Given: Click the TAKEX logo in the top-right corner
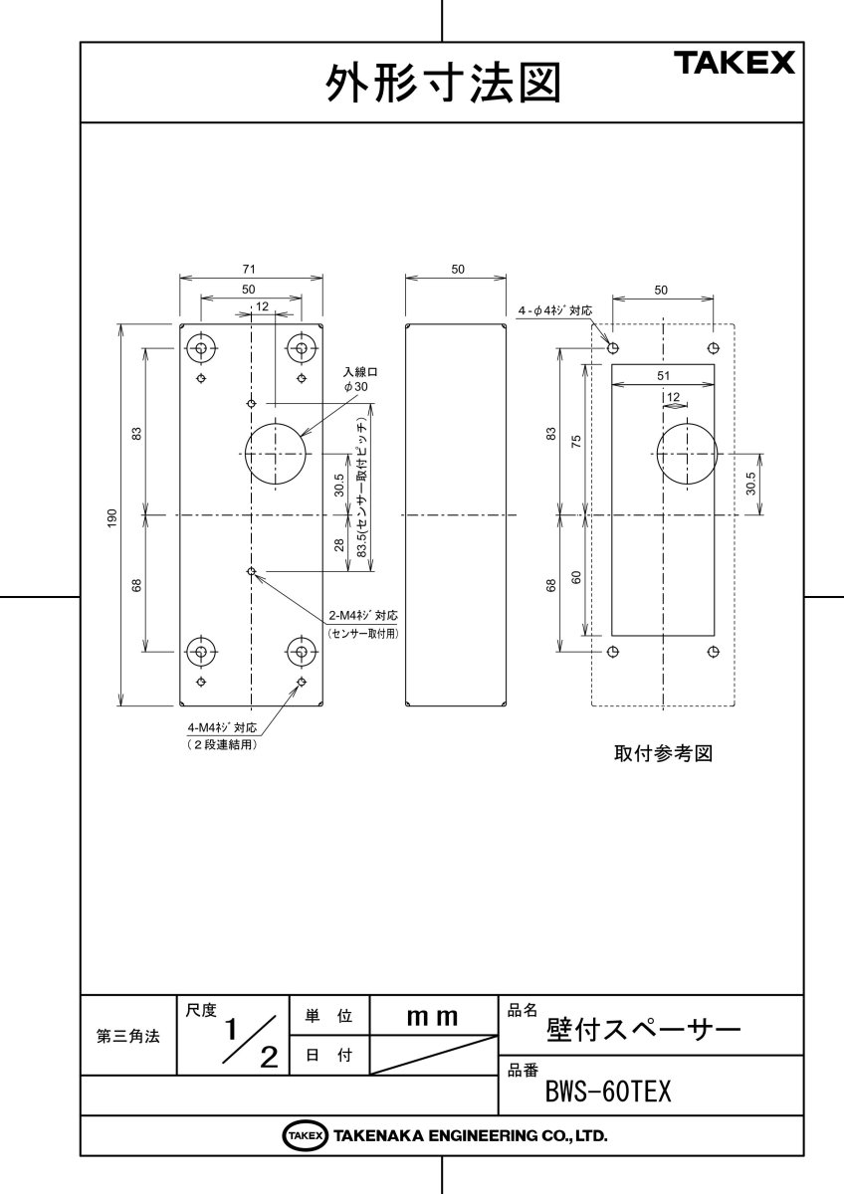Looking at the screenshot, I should coord(736,65).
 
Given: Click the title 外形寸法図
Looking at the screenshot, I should coord(443,85).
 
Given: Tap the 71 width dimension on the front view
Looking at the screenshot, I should coord(251,270).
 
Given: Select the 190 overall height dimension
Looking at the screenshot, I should coord(112,515).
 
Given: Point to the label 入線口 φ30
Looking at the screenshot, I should coord(354,377).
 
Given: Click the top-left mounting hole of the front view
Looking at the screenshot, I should coord(202,347).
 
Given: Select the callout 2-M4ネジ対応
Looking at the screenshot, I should coord(362,615).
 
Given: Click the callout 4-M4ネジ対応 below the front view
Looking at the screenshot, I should coord(222,727).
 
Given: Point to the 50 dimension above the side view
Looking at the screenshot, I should coord(457,270).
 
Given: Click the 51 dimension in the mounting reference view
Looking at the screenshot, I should coord(662,375).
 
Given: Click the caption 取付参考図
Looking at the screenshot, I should coord(663,753).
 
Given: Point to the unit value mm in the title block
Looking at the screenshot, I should coord(433,1017).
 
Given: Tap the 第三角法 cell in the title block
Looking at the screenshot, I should coord(127,1036).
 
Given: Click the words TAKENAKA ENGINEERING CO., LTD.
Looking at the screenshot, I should coord(470,1135).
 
